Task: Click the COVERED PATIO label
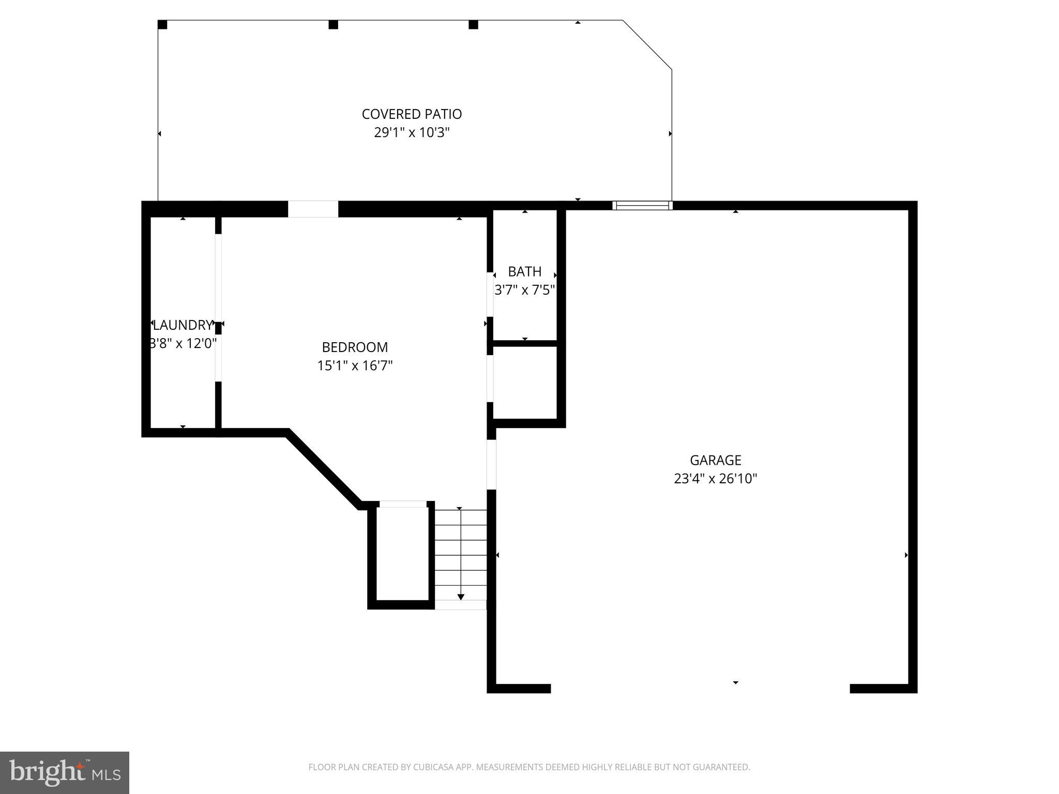point(412,114)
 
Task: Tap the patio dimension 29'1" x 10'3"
point(412,132)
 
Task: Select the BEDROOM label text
point(355,347)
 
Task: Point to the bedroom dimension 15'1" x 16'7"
point(355,365)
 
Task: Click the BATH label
point(524,271)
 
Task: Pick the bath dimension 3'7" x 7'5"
point(524,290)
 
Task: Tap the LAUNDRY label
point(183,325)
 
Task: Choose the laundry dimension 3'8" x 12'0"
point(183,343)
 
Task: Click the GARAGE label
point(715,460)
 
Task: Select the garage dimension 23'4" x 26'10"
point(715,479)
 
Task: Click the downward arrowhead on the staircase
point(461,597)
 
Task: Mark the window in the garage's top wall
point(642,205)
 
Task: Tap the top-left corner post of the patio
point(162,25)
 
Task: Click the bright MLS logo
point(64,772)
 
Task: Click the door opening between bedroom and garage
point(491,464)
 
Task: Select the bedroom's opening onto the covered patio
point(313,209)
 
